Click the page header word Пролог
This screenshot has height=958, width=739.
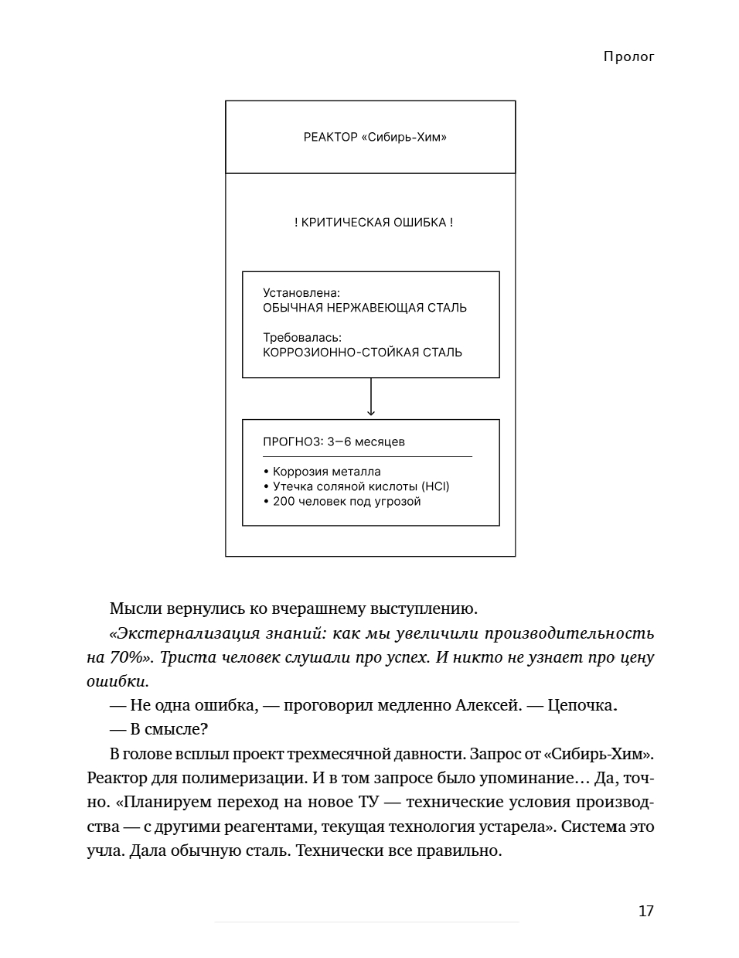(628, 56)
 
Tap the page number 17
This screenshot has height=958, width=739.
(645, 911)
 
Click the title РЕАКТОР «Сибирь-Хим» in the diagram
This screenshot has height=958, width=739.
(375, 138)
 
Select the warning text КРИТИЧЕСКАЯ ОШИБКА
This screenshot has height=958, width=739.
(373, 223)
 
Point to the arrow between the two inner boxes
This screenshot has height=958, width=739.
(371, 398)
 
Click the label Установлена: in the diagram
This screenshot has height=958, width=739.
(301, 293)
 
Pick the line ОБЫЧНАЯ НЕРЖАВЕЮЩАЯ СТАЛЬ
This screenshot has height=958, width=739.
(365, 308)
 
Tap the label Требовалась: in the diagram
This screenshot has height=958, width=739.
(302, 338)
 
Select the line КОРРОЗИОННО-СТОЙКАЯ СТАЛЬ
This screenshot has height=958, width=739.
(363, 353)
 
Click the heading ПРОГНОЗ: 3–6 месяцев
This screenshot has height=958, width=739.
(334, 442)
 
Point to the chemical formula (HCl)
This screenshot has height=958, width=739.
(435, 486)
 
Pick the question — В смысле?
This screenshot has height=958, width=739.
(159, 729)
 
